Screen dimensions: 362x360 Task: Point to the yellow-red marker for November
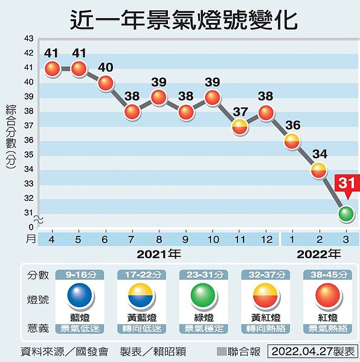(x=239, y=126)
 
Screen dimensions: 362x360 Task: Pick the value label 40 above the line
(x=106, y=67)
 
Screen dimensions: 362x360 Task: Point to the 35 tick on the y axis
(x=28, y=155)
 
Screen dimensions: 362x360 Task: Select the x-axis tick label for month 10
(x=212, y=239)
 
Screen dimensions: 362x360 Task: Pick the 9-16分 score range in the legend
(x=80, y=275)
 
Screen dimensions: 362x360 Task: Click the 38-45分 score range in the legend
(x=327, y=275)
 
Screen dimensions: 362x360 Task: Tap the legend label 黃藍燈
(x=141, y=317)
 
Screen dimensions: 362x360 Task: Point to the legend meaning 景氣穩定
(x=203, y=328)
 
